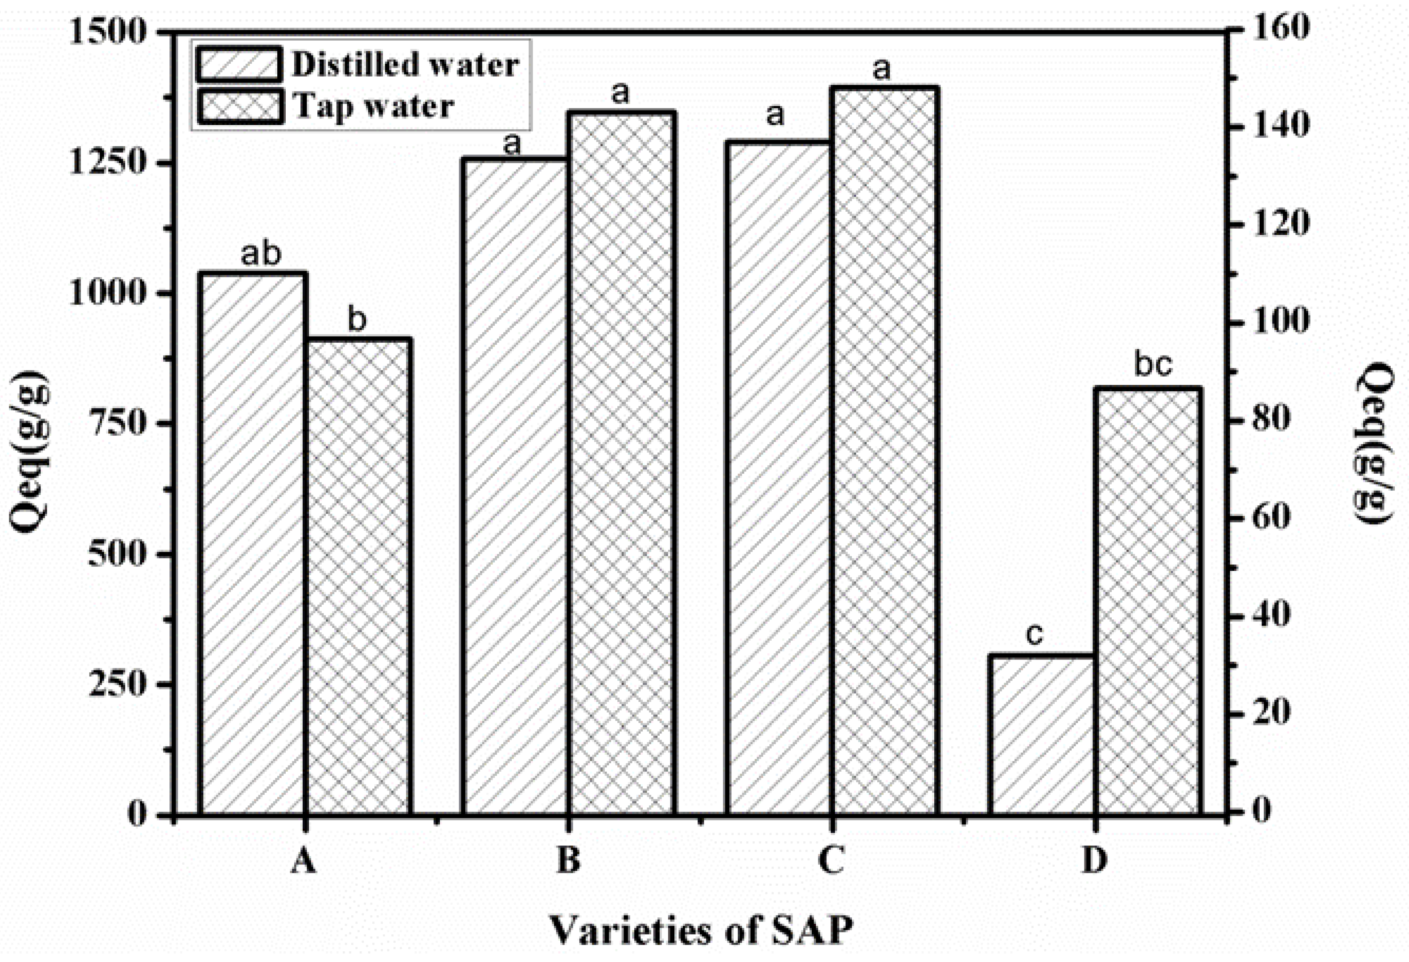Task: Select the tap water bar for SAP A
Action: pyautogui.click(x=357, y=576)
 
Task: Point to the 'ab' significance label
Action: pyautogui.click(x=261, y=254)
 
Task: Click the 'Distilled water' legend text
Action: pyautogui.click(x=405, y=64)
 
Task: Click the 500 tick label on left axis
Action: pyautogui.click(x=119, y=554)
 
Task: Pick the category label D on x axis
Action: pyautogui.click(x=1094, y=861)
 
